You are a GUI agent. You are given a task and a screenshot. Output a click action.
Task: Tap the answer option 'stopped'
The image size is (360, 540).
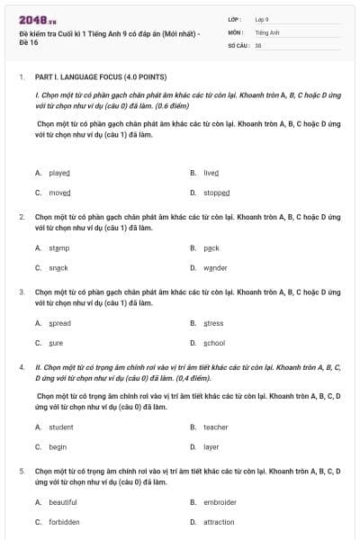click(x=216, y=193)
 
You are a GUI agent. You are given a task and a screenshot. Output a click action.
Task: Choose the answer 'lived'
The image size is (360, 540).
click(x=211, y=173)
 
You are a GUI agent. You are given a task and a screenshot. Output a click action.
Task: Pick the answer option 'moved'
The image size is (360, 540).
click(x=59, y=193)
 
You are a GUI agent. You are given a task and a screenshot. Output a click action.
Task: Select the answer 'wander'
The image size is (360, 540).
click(x=215, y=267)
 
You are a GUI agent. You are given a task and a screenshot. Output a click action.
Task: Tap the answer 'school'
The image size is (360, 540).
click(x=214, y=343)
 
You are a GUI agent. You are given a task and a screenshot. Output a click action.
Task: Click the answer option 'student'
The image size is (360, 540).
click(x=61, y=427)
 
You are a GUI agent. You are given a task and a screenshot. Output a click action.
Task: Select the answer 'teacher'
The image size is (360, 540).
click(x=215, y=427)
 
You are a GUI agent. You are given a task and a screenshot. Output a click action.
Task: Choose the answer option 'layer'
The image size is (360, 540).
click(x=211, y=447)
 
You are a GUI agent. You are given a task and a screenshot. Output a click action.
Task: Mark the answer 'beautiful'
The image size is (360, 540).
click(x=63, y=502)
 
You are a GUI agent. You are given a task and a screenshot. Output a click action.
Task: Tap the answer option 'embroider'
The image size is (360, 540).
click(x=220, y=502)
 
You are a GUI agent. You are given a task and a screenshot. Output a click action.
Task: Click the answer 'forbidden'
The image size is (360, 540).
click(x=64, y=522)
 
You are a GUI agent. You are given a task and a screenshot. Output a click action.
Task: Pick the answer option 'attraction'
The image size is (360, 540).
click(x=219, y=522)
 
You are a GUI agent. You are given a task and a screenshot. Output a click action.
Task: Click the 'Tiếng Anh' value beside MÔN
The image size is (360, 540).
click(x=268, y=31)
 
